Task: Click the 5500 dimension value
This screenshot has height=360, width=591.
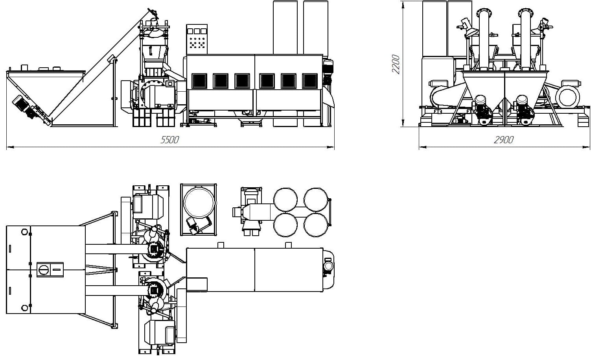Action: click(170, 140)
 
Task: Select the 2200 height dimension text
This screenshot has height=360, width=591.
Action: click(396, 64)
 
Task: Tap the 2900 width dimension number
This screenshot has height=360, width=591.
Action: click(503, 140)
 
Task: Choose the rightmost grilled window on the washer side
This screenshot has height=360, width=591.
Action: click(310, 81)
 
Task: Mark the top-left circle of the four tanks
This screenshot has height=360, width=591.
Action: click(285, 199)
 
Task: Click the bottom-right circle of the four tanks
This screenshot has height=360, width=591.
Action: click(316, 225)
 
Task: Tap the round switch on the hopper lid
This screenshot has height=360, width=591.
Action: click(43, 270)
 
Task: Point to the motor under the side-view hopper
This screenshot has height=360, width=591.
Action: click(23, 104)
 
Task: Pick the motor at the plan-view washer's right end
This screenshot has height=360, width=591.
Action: click(328, 268)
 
